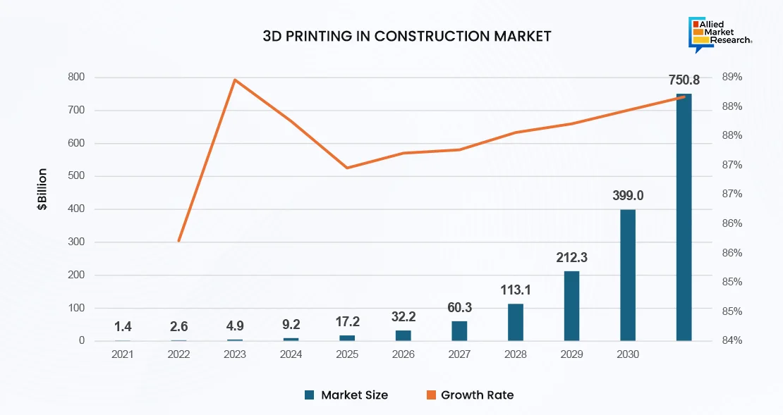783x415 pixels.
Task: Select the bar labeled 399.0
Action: click(628, 275)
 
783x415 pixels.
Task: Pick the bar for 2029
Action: click(571, 306)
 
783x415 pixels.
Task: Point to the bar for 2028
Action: click(516, 323)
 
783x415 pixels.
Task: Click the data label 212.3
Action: click(571, 258)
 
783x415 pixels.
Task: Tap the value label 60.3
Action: click(459, 307)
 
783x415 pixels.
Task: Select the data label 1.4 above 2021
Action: click(123, 326)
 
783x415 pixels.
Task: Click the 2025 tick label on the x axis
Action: click(347, 354)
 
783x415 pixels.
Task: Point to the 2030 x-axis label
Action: click(627, 354)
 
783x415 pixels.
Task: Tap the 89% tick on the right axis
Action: click(732, 77)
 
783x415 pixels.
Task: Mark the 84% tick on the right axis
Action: click(732, 341)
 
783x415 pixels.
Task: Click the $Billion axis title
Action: click(43, 190)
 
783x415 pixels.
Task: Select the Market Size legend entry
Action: click(346, 395)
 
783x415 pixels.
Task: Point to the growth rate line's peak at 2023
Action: click(235, 80)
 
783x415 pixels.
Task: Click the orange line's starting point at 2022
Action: click(179, 241)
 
